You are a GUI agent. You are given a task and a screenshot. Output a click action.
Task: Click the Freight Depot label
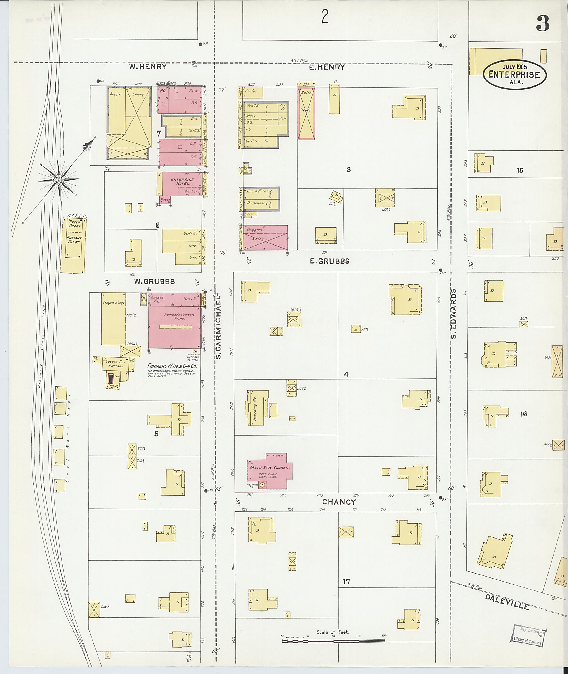click(x=74, y=240)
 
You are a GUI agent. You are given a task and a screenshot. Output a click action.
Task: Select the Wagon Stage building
click(x=114, y=319)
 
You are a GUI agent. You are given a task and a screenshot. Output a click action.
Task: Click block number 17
click(x=346, y=582)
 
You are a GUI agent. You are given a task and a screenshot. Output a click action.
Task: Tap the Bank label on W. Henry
click(x=193, y=91)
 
